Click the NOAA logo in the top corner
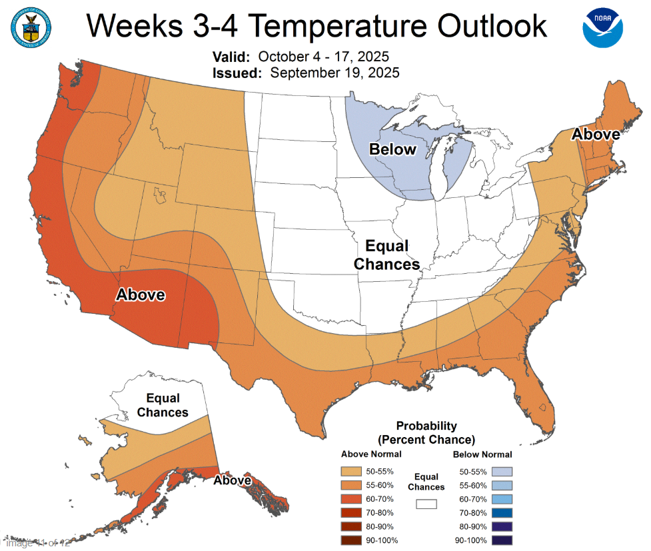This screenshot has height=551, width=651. [x=603, y=27]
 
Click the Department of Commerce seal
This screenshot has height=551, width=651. [x=32, y=26]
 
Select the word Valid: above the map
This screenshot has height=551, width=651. [x=231, y=56]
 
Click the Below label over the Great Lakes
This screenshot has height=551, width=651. [x=393, y=149]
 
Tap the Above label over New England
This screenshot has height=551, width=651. [x=596, y=135]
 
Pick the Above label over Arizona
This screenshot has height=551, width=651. [x=141, y=294]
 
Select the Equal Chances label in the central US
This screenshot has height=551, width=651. [x=387, y=255]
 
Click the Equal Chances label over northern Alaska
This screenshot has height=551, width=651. [x=163, y=405]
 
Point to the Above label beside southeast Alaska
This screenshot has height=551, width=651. [x=233, y=480]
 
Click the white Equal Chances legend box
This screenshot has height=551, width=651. [x=426, y=504]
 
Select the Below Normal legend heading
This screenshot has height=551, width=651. [x=482, y=454]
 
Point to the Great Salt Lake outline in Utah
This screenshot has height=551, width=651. [x=160, y=195]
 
